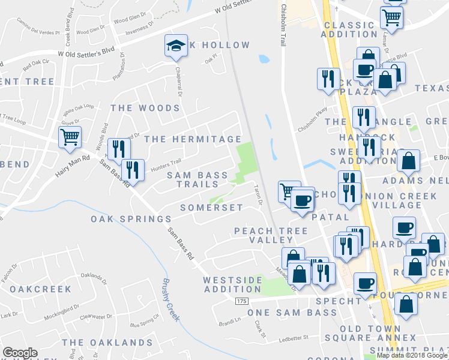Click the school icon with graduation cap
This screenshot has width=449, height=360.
coord(175,46)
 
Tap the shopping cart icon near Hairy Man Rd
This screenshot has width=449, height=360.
coord(70,137)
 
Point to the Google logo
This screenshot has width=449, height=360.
coord(20,353)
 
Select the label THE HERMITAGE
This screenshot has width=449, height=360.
coord(192,139)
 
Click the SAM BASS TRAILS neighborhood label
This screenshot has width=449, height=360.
coord(197,179)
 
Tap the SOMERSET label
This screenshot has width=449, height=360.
coord(212,208)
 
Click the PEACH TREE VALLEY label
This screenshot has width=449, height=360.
coord(271,235)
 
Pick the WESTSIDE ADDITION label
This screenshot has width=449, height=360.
coord(233,284)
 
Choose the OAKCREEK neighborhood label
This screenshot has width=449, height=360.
coord(41,289)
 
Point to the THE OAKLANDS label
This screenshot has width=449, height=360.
coord(107,343)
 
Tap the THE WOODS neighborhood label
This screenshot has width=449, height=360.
coord(145,108)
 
